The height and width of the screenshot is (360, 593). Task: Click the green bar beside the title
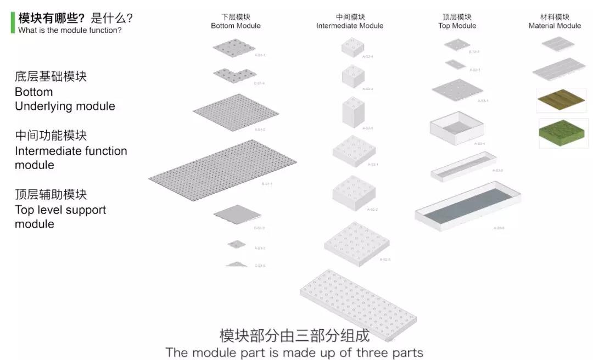[x=12, y=22]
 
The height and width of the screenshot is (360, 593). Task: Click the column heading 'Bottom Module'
[x=236, y=26]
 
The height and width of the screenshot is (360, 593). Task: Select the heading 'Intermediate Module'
[x=350, y=26]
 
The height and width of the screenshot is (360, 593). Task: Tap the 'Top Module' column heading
[x=457, y=26]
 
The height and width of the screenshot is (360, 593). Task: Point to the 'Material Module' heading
[x=555, y=26]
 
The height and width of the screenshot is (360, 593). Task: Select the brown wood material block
[x=561, y=100]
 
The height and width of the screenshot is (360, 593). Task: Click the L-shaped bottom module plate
[x=234, y=75]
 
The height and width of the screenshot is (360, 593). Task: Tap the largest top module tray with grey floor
[x=468, y=205]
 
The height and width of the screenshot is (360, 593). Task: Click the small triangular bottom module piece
[x=236, y=265]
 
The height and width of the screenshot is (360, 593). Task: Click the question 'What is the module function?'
[x=70, y=30]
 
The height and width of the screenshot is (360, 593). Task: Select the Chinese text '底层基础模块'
[x=51, y=77]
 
